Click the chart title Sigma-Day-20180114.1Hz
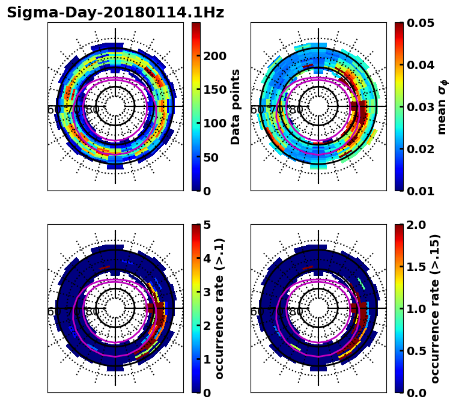pos(115,13)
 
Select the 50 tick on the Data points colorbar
pos(213,157)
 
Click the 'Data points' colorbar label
pos(236,106)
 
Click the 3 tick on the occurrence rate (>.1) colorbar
pos(207,292)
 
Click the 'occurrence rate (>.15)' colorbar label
pos(435,308)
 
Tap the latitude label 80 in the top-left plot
pos(93,110)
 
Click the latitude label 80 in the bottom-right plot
pos(296,312)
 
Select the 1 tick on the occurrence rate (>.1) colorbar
pos(207,359)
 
